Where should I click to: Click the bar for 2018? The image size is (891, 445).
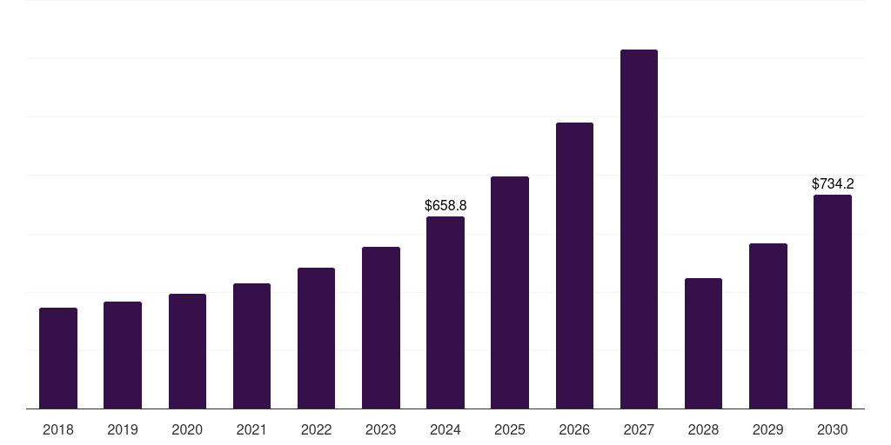tap(58, 358)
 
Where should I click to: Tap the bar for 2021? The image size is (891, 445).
tap(251, 346)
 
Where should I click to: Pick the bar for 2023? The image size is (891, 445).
tap(381, 328)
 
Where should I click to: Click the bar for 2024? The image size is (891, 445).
tap(445, 312)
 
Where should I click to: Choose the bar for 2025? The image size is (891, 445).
tap(510, 292)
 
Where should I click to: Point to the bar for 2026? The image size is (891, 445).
tap(574, 265)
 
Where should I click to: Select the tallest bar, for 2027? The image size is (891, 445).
tap(639, 229)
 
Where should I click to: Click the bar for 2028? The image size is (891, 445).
tap(703, 343)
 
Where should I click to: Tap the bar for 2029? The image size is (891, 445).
tap(768, 326)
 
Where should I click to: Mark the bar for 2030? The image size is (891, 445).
tap(833, 302)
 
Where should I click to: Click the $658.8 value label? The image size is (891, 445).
tap(445, 206)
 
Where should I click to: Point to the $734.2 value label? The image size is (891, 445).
tap(833, 184)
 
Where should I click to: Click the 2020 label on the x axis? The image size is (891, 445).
tap(187, 429)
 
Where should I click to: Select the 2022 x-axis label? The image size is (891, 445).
tap(316, 429)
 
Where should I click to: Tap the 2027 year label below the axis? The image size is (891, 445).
tap(639, 429)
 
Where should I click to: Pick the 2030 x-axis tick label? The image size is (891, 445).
tap(833, 429)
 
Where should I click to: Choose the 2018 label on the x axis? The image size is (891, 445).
tap(58, 429)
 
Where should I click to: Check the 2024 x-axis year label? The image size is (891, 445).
tap(445, 429)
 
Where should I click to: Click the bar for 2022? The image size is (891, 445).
tap(316, 338)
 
